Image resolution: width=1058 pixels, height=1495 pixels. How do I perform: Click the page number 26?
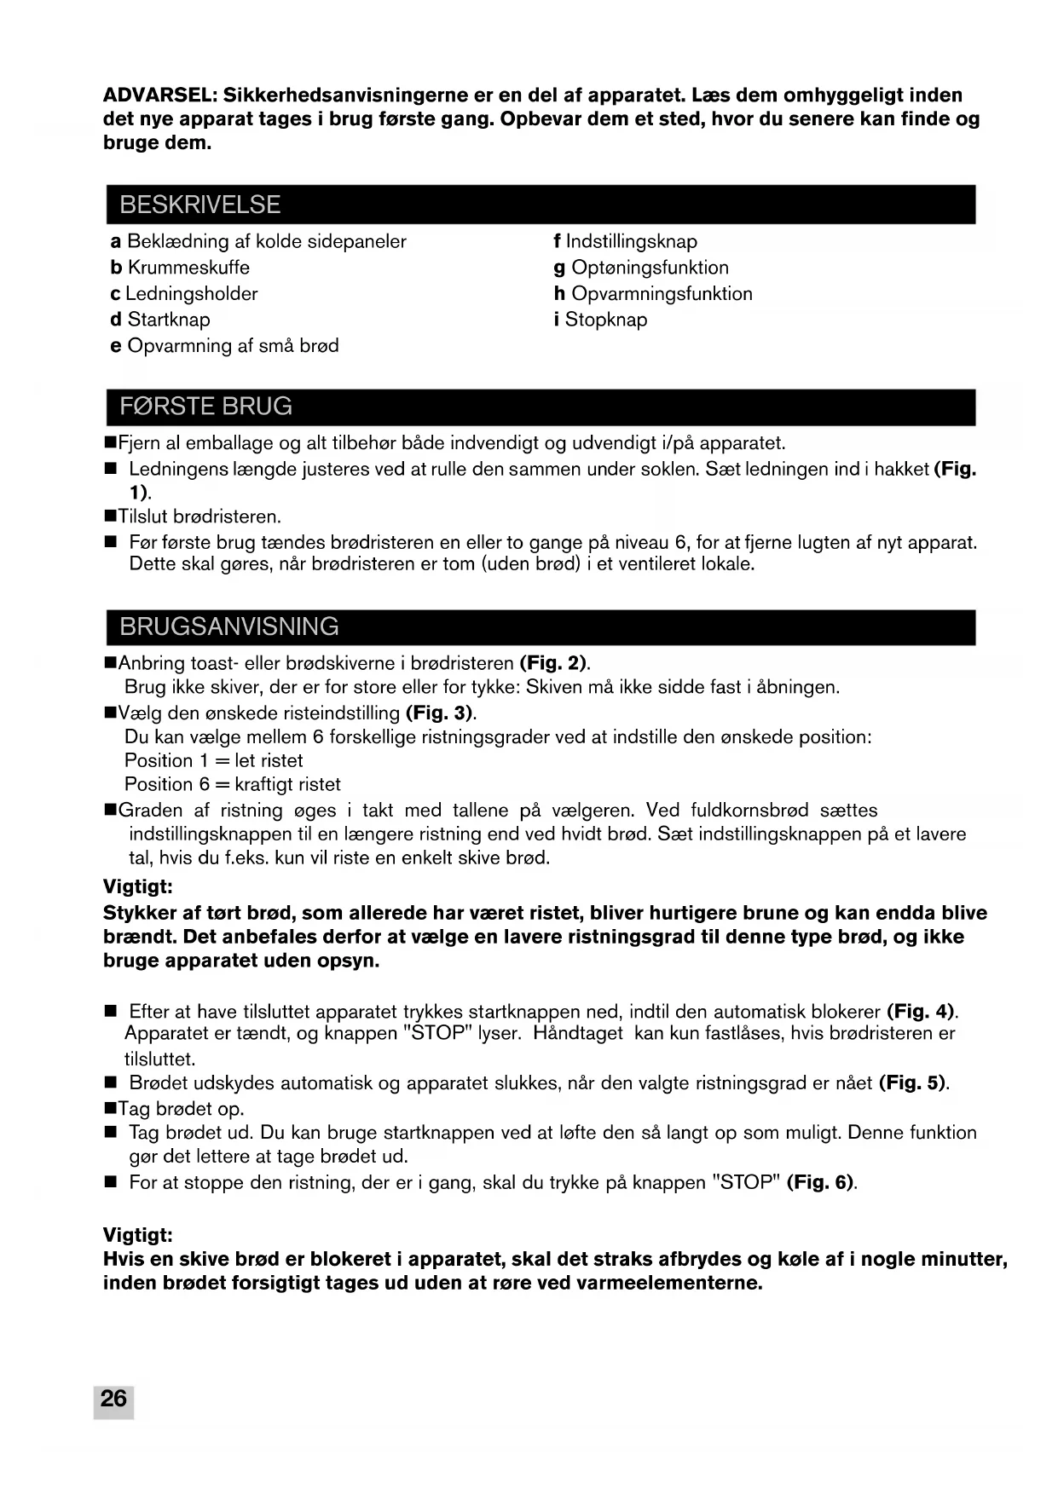pyautogui.click(x=113, y=1399)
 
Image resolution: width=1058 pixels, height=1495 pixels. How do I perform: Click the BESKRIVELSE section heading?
pyautogui.click(x=200, y=205)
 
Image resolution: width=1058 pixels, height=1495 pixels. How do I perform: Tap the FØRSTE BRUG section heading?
pyautogui.click(x=205, y=406)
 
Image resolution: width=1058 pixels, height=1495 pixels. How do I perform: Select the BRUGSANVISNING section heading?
pyautogui.click(x=229, y=626)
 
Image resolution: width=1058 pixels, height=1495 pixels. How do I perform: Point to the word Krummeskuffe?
pyautogui.click(x=188, y=268)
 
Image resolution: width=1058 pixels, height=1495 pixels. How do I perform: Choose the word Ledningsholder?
pyautogui.click(x=191, y=294)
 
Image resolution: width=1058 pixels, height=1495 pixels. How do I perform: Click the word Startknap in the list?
pyautogui.click(x=169, y=320)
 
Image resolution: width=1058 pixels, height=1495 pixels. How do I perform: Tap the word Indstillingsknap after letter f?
pyautogui.click(x=632, y=241)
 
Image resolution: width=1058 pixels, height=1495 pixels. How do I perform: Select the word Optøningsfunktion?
pyautogui.click(x=650, y=268)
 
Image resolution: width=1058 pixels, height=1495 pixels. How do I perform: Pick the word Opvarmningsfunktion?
pyautogui.click(x=662, y=294)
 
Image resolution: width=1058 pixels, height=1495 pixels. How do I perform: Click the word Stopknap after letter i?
pyautogui.click(x=606, y=320)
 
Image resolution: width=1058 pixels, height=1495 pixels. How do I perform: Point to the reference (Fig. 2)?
pyautogui.click(x=553, y=663)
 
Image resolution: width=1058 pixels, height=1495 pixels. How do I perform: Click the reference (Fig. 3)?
pyautogui.click(x=440, y=713)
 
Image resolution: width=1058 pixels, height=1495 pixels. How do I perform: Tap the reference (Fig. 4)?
pyautogui.click(x=921, y=1012)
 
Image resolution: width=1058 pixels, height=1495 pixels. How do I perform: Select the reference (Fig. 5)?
pyautogui.click(x=912, y=1083)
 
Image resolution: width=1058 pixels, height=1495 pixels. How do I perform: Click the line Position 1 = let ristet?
pyautogui.click(x=213, y=760)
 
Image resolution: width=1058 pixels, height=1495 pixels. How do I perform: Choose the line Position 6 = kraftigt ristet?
pyautogui.click(x=232, y=784)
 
